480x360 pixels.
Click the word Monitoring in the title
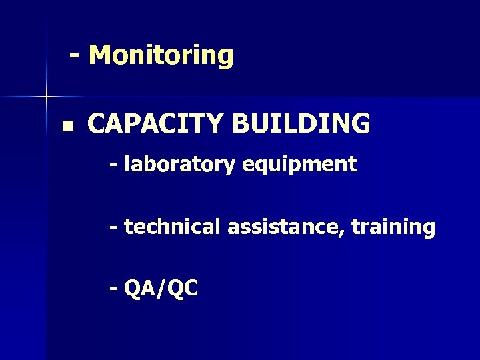(161, 55)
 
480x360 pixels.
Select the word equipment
(299, 165)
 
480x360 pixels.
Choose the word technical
(173, 227)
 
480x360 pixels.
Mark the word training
(393, 227)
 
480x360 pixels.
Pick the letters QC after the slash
(183, 289)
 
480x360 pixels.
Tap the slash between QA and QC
(160, 289)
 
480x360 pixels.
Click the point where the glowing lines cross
(47, 97)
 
